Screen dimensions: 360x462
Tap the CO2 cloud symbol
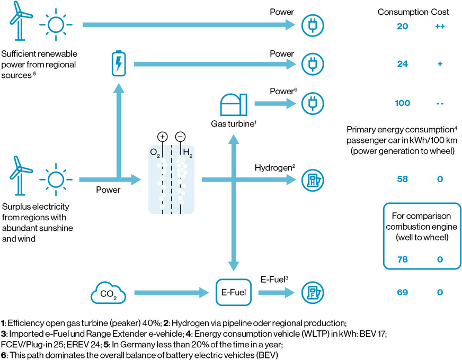coord(105,292)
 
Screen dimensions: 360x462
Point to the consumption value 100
coord(403,103)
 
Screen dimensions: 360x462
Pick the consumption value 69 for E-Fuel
coord(403,292)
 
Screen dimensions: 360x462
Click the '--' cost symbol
coord(440,103)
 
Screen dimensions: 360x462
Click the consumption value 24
coord(403,64)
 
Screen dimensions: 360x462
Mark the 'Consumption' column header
coord(402,12)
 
